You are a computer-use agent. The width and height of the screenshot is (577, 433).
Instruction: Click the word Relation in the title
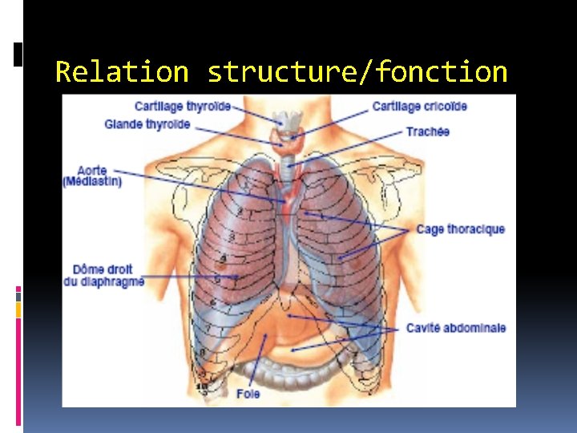pyautogui.click(x=122, y=72)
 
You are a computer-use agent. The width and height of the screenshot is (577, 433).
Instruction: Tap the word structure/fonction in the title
pyautogui.click(x=357, y=72)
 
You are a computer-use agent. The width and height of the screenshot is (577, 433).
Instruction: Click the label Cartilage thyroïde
pyautogui.click(x=183, y=107)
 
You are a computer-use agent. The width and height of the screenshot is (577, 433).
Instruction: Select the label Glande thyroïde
pyautogui.click(x=147, y=124)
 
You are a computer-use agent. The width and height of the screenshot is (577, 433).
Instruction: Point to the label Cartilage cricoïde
pyautogui.click(x=419, y=107)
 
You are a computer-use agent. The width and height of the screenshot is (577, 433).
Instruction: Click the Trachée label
pyautogui.click(x=427, y=132)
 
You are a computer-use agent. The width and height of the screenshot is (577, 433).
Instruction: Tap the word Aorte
pyautogui.click(x=92, y=171)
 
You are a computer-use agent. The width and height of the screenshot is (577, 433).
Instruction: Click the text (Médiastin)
pyautogui.click(x=92, y=182)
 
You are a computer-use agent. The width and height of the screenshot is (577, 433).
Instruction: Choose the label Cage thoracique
pyautogui.click(x=460, y=229)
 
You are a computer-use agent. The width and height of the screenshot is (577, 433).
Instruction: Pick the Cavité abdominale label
pyautogui.click(x=455, y=328)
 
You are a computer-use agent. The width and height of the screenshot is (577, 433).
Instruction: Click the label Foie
pyautogui.click(x=248, y=394)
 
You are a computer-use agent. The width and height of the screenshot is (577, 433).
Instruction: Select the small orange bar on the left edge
pyautogui.click(x=18, y=310)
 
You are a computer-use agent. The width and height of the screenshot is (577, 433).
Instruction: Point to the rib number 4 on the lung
pyautogui.click(x=223, y=258)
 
